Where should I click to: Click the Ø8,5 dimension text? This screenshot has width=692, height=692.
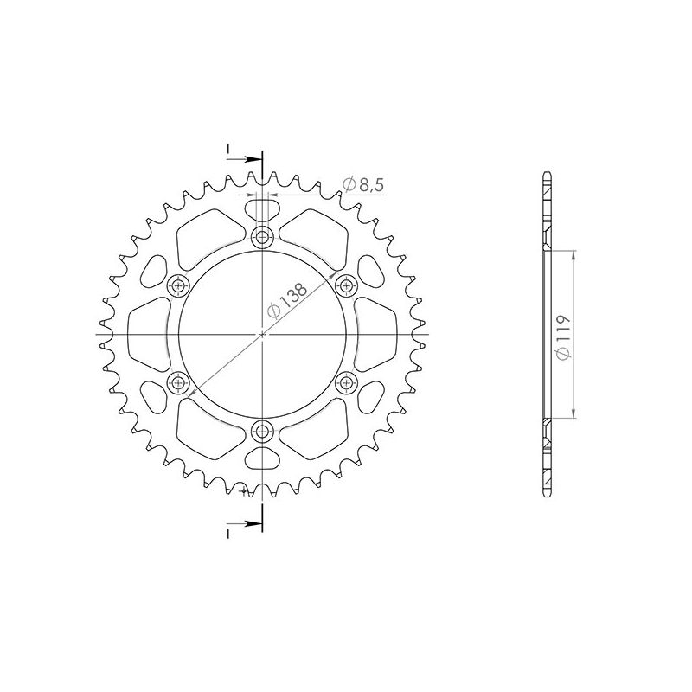click(363, 183)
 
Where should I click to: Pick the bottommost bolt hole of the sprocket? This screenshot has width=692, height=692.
click(262, 430)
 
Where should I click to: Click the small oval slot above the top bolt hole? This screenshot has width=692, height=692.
click(262, 208)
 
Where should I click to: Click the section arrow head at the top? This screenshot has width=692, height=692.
click(254, 159)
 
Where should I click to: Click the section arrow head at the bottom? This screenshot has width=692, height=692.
click(254, 523)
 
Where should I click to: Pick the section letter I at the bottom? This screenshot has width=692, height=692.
click(228, 535)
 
